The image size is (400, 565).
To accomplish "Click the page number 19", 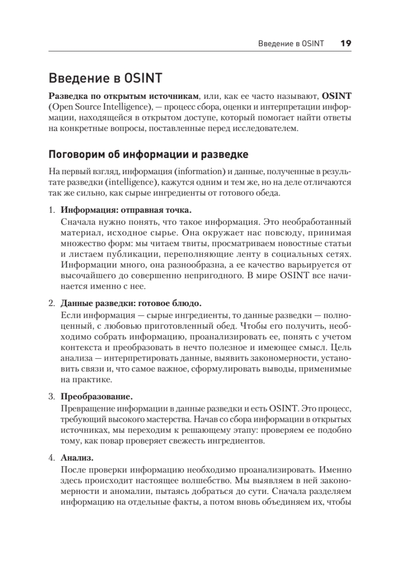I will point(345,44).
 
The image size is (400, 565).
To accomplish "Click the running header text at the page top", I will point(291,44).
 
